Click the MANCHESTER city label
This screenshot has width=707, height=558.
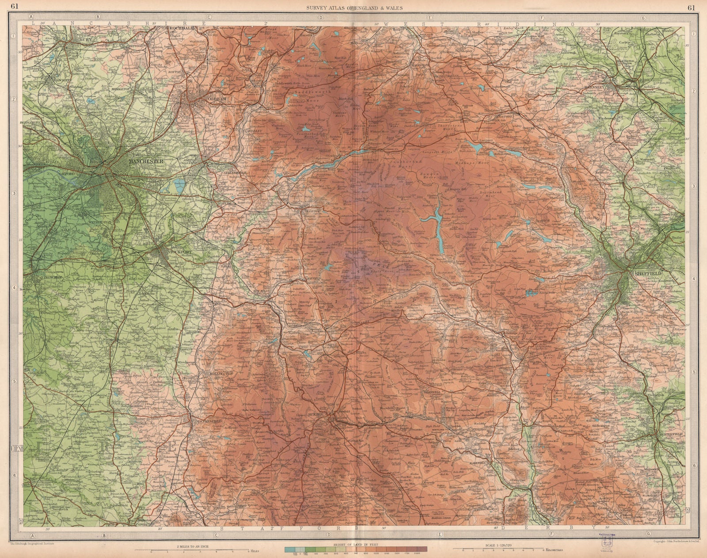(146, 162)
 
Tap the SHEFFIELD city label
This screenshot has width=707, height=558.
(647, 274)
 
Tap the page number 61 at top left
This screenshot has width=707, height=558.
(15, 6)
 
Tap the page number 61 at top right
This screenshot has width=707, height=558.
(692, 6)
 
